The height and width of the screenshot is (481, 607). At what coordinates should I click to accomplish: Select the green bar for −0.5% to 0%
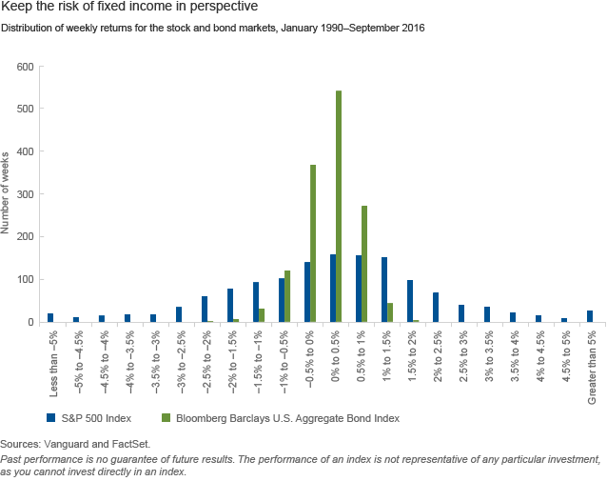(x=313, y=244)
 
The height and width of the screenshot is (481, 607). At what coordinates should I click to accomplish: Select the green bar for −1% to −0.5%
(x=287, y=296)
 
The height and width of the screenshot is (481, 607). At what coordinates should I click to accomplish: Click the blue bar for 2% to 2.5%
(x=436, y=308)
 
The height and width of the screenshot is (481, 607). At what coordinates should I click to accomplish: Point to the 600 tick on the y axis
(x=25, y=67)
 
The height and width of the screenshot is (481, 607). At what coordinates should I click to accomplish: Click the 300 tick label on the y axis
(x=25, y=194)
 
